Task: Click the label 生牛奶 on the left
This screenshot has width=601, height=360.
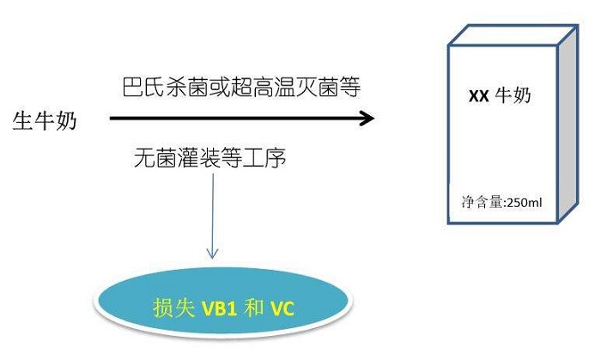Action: click(x=45, y=121)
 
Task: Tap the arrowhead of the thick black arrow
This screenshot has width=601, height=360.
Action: click(x=367, y=118)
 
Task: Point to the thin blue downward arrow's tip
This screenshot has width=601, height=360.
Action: click(x=212, y=258)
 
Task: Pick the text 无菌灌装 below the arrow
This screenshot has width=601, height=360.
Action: click(x=177, y=158)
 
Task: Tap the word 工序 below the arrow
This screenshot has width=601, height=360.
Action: click(x=264, y=158)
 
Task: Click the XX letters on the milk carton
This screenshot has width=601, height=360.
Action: click(x=479, y=96)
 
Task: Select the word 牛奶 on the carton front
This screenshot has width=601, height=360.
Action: click(x=513, y=95)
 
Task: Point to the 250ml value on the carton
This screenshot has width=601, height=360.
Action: click(x=525, y=202)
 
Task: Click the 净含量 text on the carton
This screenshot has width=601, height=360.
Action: click(x=483, y=202)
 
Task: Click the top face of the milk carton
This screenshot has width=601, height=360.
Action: click(x=513, y=35)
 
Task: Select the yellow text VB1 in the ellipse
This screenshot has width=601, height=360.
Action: click(x=219, y=308)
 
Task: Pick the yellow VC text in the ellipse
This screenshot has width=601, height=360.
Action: click(x=282, y=308)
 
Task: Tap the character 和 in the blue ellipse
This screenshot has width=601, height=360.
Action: click(x=253, y=308)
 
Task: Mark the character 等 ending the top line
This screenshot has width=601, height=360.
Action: click(x=349, y=88)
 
